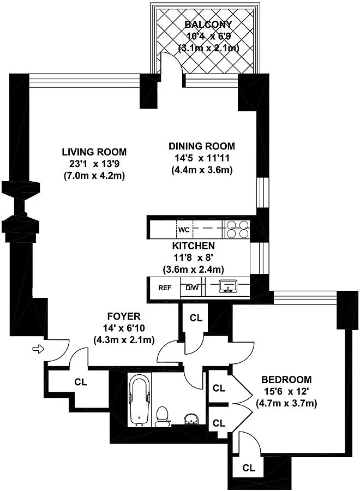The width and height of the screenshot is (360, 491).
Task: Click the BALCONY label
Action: click(208, 25)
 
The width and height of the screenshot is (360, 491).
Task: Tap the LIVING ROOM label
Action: click(94, 152)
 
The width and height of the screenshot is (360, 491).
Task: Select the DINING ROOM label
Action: click(202, 146)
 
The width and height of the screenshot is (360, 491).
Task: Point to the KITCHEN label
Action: click(194, 246)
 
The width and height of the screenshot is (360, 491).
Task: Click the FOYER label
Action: click(124, 316)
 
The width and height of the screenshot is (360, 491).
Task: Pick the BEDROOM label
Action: click(286, 380)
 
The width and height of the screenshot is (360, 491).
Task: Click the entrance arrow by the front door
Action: click(39, 349)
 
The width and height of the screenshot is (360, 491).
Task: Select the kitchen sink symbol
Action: click(227, 286)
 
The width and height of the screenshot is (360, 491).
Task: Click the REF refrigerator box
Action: click(165, 288)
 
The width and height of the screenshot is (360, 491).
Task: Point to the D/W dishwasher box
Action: click(192, 288)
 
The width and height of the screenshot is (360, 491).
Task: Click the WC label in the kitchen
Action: click(184, 230)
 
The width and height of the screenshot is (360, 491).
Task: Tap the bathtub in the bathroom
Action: click(140, 401)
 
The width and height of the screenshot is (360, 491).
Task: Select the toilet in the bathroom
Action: click(162, 416)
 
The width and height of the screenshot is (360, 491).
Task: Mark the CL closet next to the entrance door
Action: click(81, 382)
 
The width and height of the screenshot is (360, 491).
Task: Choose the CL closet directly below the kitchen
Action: click(196, 318)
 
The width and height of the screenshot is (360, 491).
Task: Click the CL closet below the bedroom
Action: click(249, 468)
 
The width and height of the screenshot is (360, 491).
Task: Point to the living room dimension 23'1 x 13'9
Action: click(94, 164)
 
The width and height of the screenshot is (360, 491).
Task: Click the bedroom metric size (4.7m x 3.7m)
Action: click(286, 403)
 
